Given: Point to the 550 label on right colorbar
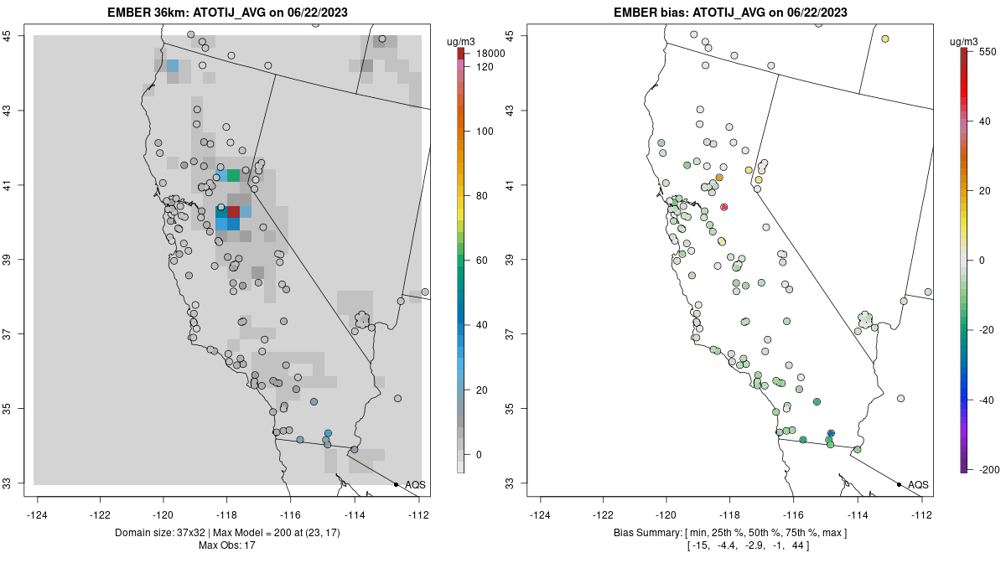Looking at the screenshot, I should [986, 51].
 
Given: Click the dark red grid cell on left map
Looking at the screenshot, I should [234, 212].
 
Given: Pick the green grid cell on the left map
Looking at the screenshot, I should [233, 175].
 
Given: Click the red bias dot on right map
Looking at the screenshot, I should [724, 207].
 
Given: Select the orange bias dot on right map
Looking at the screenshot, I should [719, 178].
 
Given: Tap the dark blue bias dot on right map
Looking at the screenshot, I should [831, 433].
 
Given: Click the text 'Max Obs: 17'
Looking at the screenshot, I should [228, 545].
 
